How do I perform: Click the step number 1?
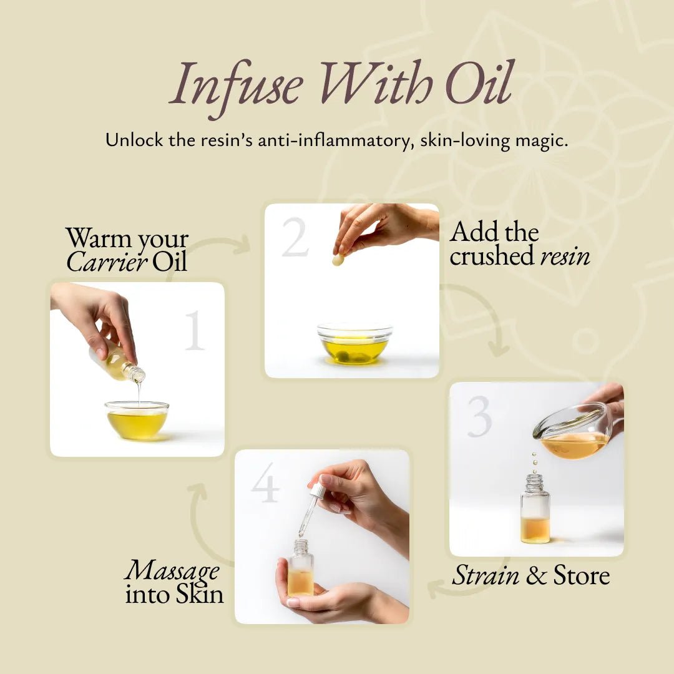point(195,330)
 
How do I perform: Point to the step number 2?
point(295,237)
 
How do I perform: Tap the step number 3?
point(480,416)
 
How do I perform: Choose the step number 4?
point(265,482)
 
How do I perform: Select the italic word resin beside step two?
point(565,256)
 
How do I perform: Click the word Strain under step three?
point(486,575)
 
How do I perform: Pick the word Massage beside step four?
point(172,570)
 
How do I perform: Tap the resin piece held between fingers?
point(338,259)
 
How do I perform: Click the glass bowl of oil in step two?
point(354,344)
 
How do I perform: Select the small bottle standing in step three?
point(535,509)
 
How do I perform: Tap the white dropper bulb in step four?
point(318,490)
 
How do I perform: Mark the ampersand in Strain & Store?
point(536,575)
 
